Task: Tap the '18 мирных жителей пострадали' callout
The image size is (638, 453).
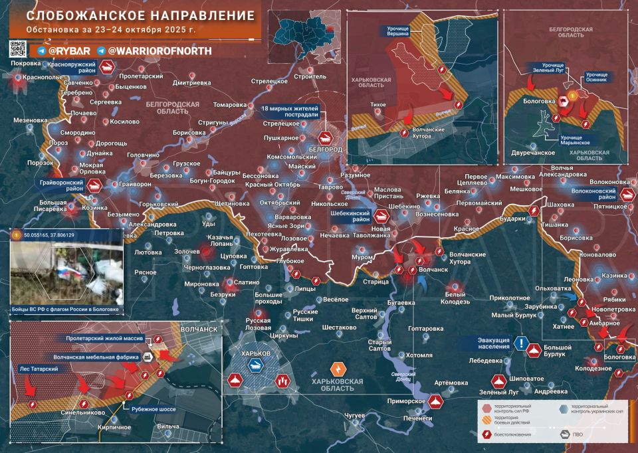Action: click(x=290, y=111)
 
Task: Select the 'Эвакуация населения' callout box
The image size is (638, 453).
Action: click(x=493, y=343)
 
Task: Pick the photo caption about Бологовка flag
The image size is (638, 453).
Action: click(x=65, y=310)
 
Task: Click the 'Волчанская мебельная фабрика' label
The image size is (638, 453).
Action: click(x=96, y=357)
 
